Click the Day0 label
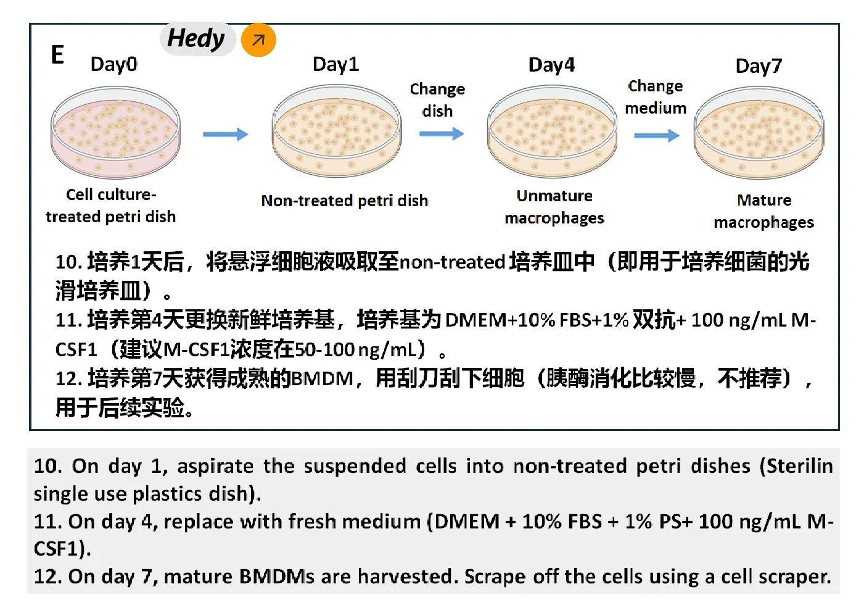(114, 65)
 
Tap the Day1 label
(335, 64)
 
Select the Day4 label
(551, 65)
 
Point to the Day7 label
(759, 67)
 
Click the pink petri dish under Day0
(115, 133)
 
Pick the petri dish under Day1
(337, 131)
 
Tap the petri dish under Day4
(552, 131)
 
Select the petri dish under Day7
(759, 133)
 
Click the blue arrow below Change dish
(442, 134)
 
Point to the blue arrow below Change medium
(657, 136)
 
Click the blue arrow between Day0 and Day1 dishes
(226, 135)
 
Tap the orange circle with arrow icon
(258, 40)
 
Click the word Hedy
(196, 39)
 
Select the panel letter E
(57, 54)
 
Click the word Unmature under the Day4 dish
(554, 196)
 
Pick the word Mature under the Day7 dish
(764, 201)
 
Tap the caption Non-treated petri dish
(345, 201)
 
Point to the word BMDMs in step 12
(276, 577)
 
